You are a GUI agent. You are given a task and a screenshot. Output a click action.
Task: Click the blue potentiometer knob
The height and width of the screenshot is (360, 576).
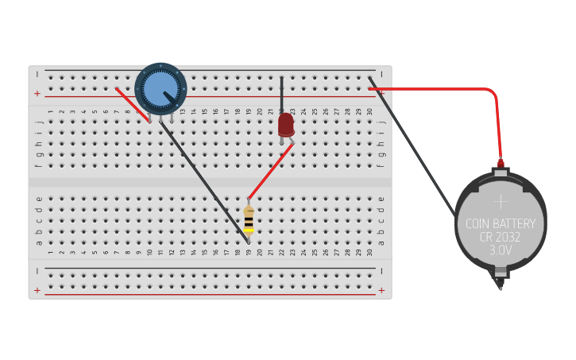point(160,87)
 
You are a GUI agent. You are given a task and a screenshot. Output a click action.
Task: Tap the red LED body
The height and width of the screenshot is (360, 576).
point(286,125)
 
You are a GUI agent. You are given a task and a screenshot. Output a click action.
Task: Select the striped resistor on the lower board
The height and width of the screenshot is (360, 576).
point(249,220)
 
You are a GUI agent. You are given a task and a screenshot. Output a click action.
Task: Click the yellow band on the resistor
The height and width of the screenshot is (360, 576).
point(249,230)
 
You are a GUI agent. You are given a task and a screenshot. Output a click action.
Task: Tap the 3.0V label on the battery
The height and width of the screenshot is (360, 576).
point(501,250)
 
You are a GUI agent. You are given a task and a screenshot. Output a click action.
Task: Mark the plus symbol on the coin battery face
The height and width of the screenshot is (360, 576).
point(501,200)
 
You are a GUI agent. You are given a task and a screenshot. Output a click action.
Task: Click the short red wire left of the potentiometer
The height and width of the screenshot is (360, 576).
point(132,104)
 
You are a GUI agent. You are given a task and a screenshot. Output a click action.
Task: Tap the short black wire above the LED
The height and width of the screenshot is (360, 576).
point(282,94)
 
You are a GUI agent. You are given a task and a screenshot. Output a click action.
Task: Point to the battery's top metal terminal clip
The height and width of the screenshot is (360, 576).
point(501,168)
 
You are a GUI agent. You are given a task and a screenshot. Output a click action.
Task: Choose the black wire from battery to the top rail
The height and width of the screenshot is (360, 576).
point(417,151)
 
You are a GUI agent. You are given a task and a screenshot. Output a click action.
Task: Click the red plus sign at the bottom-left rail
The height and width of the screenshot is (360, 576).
point(37,290)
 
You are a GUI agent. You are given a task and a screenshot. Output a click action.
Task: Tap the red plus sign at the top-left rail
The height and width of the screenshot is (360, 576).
point(37,94)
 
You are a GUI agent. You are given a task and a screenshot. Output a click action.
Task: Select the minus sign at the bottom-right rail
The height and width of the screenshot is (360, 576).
point(381,271)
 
